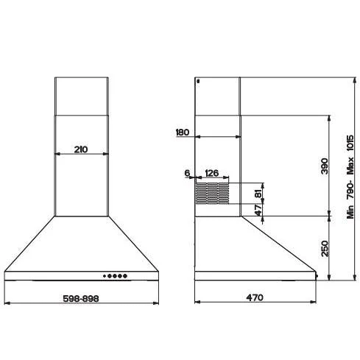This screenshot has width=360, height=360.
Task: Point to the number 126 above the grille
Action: coord(211,174)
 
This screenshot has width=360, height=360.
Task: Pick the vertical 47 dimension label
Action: coord(258,210)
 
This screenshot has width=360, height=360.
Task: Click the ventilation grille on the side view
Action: coord(212,193)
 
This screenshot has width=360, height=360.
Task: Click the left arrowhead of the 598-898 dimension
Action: coord(7,303)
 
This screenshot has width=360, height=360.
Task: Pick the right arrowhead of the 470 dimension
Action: coord(314,303)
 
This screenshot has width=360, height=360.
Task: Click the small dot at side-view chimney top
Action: coord(199,82)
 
